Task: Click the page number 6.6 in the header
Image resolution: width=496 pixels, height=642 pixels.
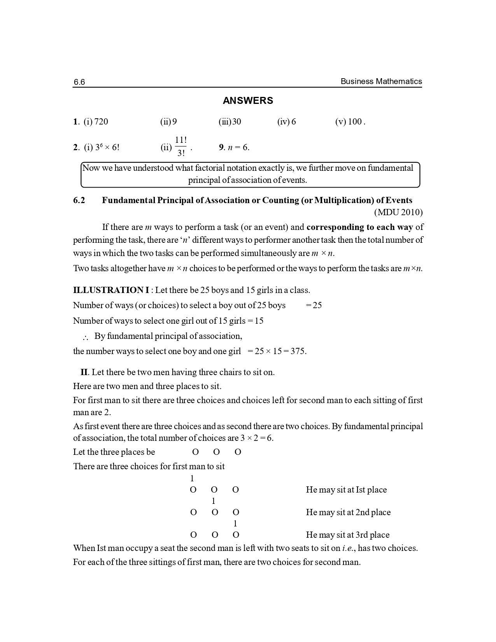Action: click(79, 82)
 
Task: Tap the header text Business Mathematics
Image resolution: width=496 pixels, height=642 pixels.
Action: click(381, 81)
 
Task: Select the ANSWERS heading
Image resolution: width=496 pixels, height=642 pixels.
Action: click(248, 101)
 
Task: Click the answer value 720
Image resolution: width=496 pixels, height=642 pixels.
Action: click(101, 122)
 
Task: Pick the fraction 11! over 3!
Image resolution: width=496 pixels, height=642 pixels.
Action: click(181, 147)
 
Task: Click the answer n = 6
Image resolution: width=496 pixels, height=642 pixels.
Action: click(238, 147)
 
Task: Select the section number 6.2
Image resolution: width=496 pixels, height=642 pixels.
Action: click(79, 200)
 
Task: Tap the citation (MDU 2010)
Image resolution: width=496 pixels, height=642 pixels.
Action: click(398, 212)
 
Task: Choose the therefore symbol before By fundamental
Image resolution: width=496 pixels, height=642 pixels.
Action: click(86, 337)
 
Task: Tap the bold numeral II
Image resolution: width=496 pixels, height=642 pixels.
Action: click(84, 372)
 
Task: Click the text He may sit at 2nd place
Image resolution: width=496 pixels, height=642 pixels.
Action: click(348, 512)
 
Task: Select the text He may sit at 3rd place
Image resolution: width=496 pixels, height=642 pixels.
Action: click(347, 535)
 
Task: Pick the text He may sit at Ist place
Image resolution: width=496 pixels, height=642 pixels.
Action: click(346, 490)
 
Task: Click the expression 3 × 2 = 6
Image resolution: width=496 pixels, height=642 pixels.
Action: click(256, 438)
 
